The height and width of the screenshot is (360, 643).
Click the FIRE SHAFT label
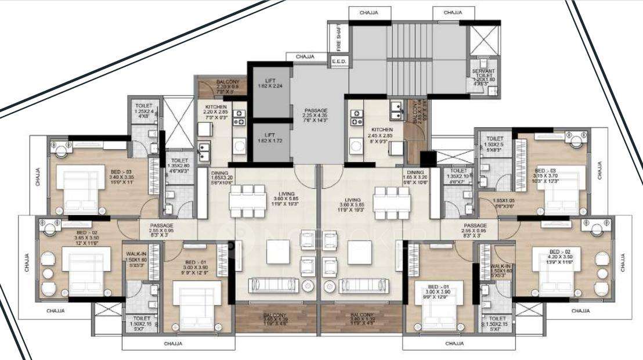click(x=338, y=37)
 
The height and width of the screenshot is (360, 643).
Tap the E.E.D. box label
click(x=338, y=61)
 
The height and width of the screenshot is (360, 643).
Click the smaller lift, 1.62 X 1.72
click(x=269, y=139)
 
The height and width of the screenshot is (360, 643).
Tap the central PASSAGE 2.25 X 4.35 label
click(x=316, y=114)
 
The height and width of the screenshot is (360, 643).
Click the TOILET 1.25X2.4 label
click(x=143, y=111)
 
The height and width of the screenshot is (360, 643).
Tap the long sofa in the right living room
click(x=364, y=285)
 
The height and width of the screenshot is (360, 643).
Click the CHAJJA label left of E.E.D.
click(x=305, y=56)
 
